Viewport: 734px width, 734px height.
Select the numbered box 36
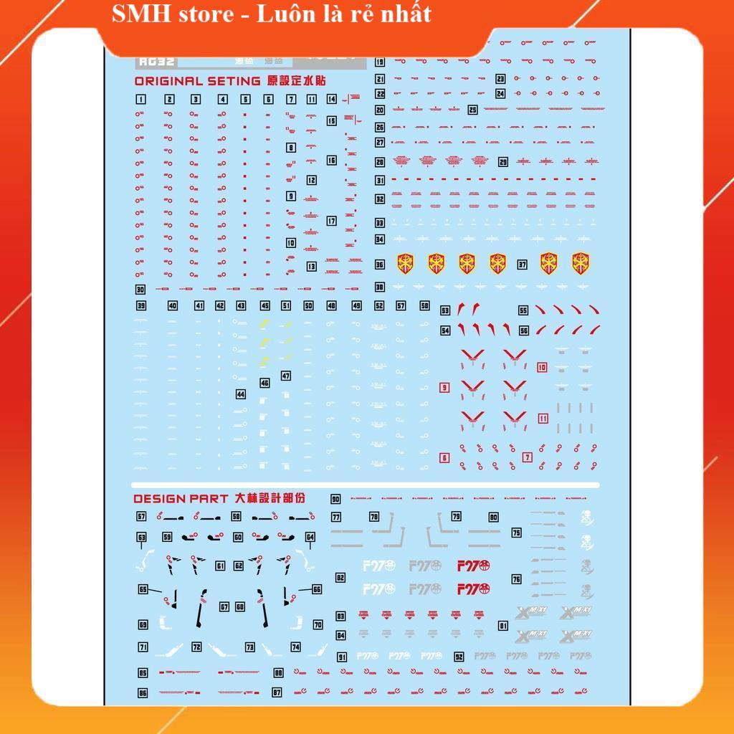click(380, 264)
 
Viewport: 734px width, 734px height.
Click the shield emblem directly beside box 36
click(406, 264)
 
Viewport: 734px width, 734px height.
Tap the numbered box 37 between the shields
click(523, 264)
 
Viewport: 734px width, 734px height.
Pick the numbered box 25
click(472, 110)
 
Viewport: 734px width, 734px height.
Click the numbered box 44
click(240, 394)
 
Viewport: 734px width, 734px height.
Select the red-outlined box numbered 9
click(444, 388)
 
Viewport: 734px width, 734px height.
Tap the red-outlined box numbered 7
click(528, 457)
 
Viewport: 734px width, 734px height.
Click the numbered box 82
click(340, 577)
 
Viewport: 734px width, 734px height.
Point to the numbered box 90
click(335, 499)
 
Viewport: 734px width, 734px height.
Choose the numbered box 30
click(140, 290)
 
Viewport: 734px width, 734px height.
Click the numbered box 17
click(331, 221)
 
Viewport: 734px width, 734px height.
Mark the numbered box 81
click(503, 626)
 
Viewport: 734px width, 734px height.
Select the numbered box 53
click(445, 310)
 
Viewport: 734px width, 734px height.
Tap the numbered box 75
click(516, 533)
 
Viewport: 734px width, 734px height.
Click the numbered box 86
click(143, 692)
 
